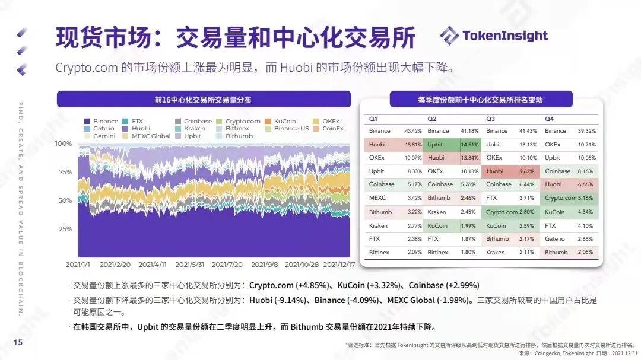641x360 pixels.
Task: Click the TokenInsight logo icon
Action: [x=449, y=35]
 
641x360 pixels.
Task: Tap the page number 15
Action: [x=18, y=342]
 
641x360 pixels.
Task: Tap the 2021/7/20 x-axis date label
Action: [x=227, y=265]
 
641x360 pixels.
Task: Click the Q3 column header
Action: [x=491, y=119]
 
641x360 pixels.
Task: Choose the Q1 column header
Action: [x=373, y=119]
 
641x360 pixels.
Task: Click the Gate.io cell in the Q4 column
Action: [x=556, y=239]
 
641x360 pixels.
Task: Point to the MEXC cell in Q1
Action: [x=377, y=198]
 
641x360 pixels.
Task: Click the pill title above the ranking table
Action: [x=480, y=100]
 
